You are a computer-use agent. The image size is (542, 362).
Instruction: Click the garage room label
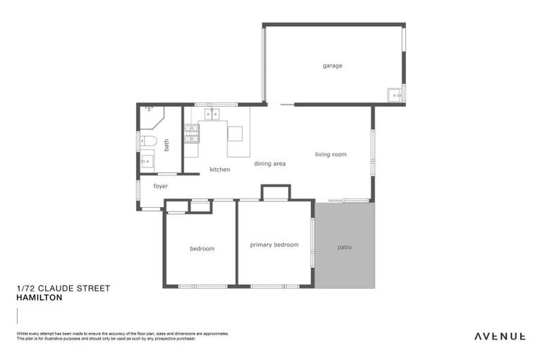pyautogui.click(x=332, y=66)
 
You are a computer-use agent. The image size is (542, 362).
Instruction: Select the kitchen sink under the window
pyautogui.click(x=212, y=113)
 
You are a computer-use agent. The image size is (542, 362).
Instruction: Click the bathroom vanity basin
pyautogui.click(x=147, y=161)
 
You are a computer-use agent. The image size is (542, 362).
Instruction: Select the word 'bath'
pyautogui.click(x=167, y=145)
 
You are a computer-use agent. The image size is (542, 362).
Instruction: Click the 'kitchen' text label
pyautogui.click(x=219, y=170)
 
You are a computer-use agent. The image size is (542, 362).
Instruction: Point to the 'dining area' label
pyautogui.click(x=270, y=163)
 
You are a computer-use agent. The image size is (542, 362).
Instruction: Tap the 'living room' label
pyautogui.click(x=330, y=154)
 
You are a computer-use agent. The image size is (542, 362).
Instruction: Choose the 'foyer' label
pyautogui.click(x=160, y=186)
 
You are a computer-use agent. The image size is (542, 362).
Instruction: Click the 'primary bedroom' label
pyautogui.click(x=274, y=245)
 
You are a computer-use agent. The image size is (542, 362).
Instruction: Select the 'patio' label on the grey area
pyautogui.click(x=344, y=247)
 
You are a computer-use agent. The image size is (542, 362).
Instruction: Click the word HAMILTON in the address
pyautogui.click(x=39, y=298)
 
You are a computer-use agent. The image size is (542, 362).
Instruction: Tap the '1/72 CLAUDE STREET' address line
pyautogui.click(x=63, y=288)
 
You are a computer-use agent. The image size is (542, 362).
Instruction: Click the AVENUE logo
pyautogui.click(x=500, y=336)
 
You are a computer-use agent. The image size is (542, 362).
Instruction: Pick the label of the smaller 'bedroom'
pyautogui.click(x=202, y=248)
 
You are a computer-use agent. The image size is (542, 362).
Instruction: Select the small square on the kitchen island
pyautogui.click(x=234, y=133)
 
